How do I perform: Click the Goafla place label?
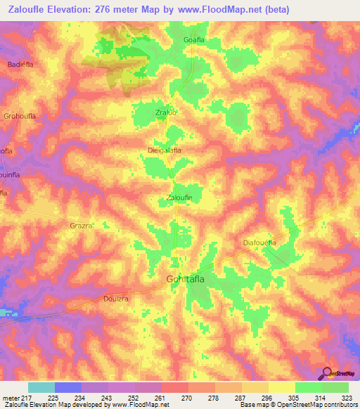click(x=197, y=41)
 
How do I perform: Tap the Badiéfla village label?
click(x=20, y=65)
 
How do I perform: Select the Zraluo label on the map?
click(x=166, y=110)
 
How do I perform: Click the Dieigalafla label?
click(x=165, y=150)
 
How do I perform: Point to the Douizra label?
click(x=113, y=298)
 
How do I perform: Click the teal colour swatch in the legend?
click(x=41, y=387)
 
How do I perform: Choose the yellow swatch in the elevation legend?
click(x=282, y=387)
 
